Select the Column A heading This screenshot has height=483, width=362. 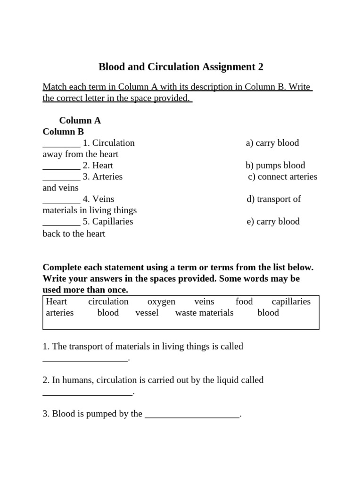[80, 120]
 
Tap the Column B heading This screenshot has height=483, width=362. [63, 132]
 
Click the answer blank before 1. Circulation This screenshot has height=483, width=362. [61, 143]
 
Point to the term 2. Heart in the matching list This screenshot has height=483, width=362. [98, 166]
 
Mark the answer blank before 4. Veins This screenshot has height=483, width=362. [61, 200]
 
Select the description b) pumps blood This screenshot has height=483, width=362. [275, 166]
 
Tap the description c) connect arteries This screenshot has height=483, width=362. [282, 177]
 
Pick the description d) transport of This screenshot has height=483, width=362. [273, 200]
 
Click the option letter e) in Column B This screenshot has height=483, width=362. [250, 222]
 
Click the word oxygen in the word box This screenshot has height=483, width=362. [161, 302]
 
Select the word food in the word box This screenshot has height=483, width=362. [244, 302]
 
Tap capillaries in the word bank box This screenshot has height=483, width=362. [291, 302]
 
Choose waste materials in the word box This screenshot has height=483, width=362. [204, 313]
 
